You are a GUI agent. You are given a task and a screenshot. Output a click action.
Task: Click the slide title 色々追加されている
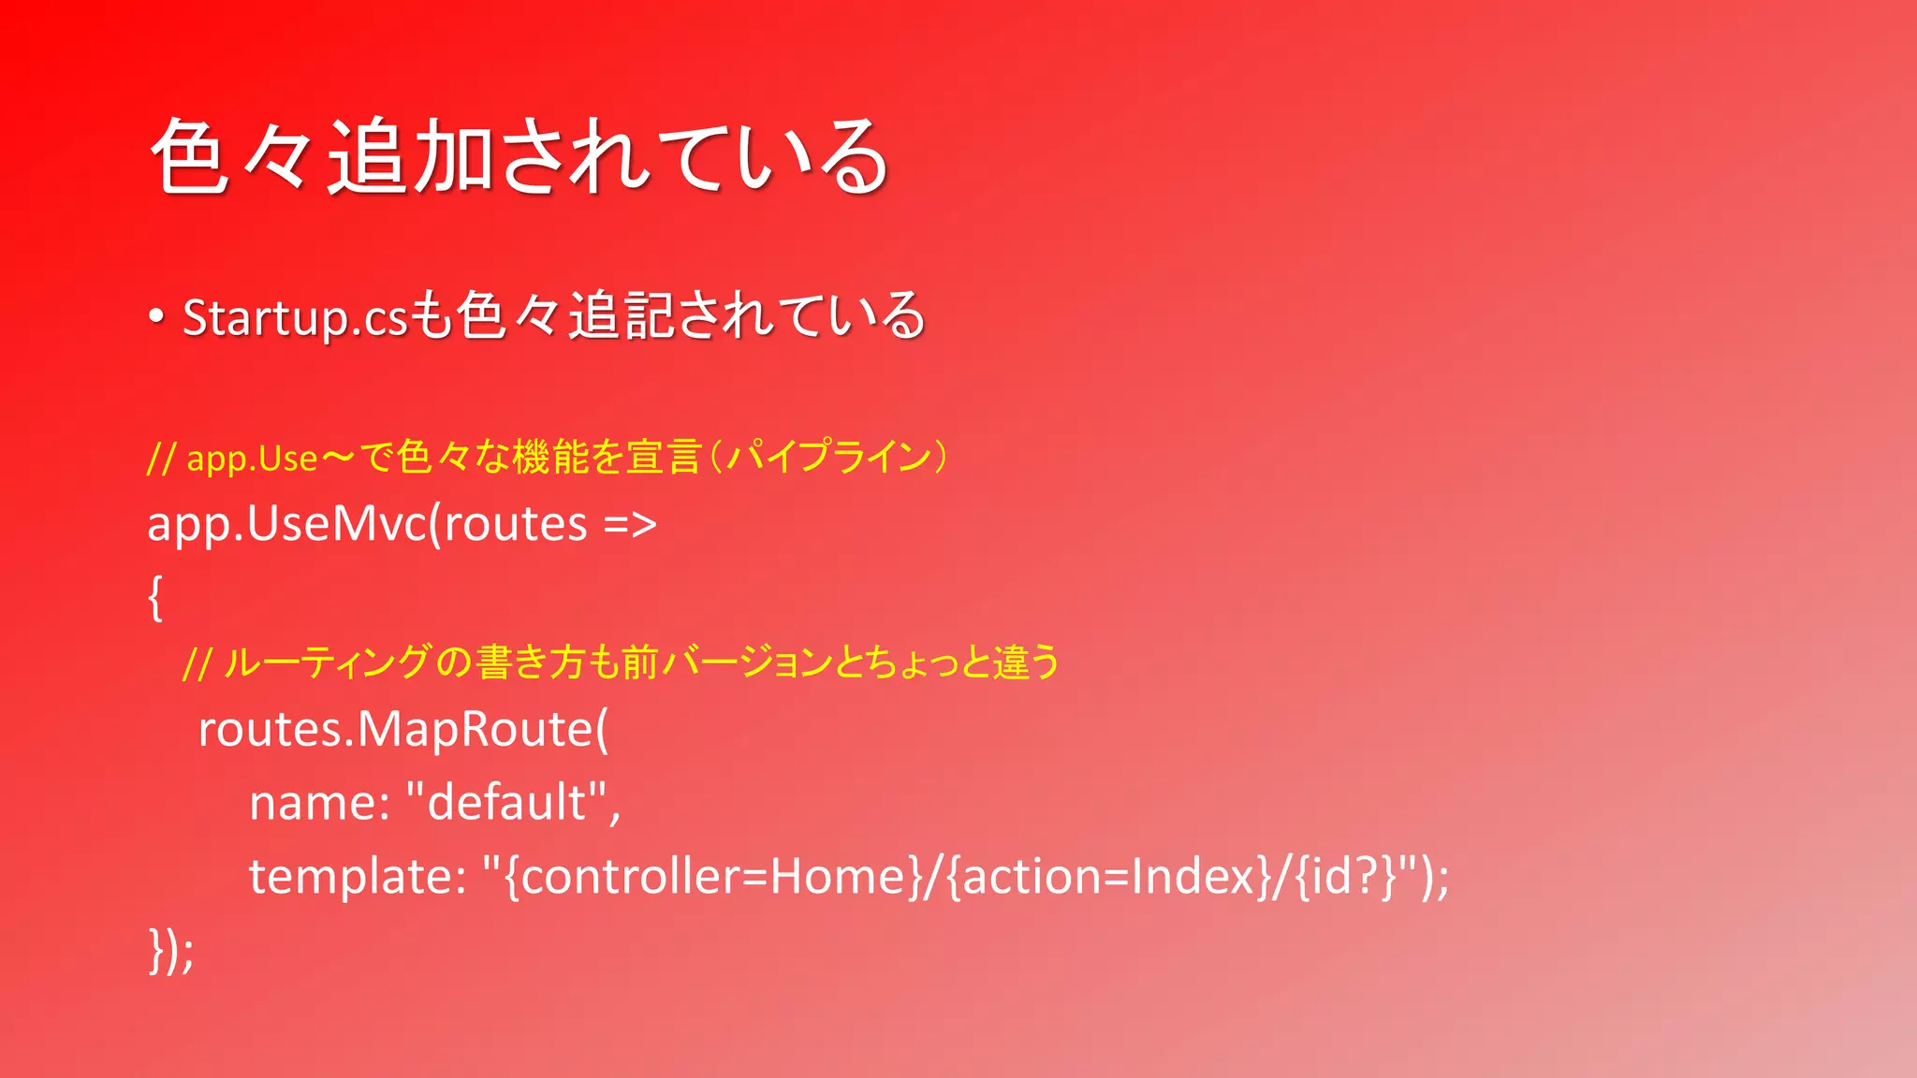[x=519, y=157]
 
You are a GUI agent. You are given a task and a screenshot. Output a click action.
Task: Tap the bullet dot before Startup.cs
[x=156, y=316]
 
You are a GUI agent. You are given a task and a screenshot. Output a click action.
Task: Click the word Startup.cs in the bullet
[x=295, y=318]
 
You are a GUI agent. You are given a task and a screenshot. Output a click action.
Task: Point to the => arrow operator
[x=630, y=524]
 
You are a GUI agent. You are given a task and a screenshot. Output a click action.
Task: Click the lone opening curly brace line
[x=155, y=597]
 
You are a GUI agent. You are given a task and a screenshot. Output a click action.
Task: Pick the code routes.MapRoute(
[x=402, y=730]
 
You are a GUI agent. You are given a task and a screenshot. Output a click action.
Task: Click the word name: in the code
[x=319, y=803]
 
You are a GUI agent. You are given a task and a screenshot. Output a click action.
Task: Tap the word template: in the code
[x=357, y=877]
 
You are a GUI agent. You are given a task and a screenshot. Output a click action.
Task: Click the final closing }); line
[x=171, y=951]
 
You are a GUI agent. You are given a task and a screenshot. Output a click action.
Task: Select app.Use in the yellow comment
[x=252, y=459]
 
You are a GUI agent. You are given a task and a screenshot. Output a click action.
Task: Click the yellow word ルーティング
[x=329, y=663]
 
